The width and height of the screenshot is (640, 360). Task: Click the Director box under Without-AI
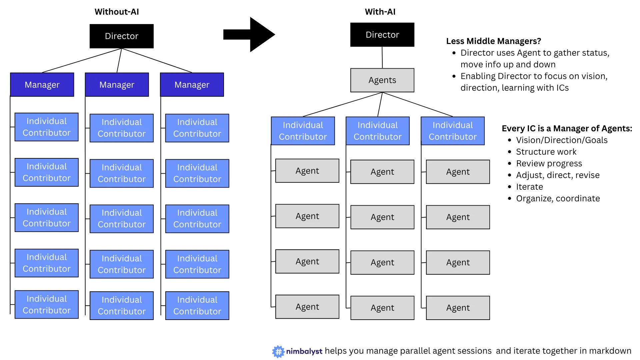pos(121,36)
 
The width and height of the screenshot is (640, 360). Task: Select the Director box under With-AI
pos(382,35)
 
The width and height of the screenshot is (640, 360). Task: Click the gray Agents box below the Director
pos(382,80)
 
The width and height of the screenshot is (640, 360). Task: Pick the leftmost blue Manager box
pos(42,85)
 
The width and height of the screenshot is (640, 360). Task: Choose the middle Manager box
pos(117,85)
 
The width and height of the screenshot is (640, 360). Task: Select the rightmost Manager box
pos(192,85)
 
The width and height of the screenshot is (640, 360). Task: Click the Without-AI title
pos(117,12)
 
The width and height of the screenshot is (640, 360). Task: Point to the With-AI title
pos(380,12)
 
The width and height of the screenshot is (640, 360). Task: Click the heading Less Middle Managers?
pos(493,41)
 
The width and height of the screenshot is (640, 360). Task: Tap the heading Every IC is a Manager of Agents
pos(567,128)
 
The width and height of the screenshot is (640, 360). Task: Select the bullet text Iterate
pos(529,187)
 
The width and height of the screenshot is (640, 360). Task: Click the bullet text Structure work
pos(546,152)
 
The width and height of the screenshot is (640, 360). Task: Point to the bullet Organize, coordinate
pos(558,198)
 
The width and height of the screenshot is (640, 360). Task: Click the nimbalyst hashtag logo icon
pos(278,351)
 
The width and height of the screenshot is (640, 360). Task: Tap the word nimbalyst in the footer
pos(304,351)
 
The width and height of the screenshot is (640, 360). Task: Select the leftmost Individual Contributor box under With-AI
pos(303,131)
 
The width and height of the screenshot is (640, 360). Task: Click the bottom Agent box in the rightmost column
pos(458,308)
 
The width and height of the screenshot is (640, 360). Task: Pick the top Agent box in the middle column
pos(382,172)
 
